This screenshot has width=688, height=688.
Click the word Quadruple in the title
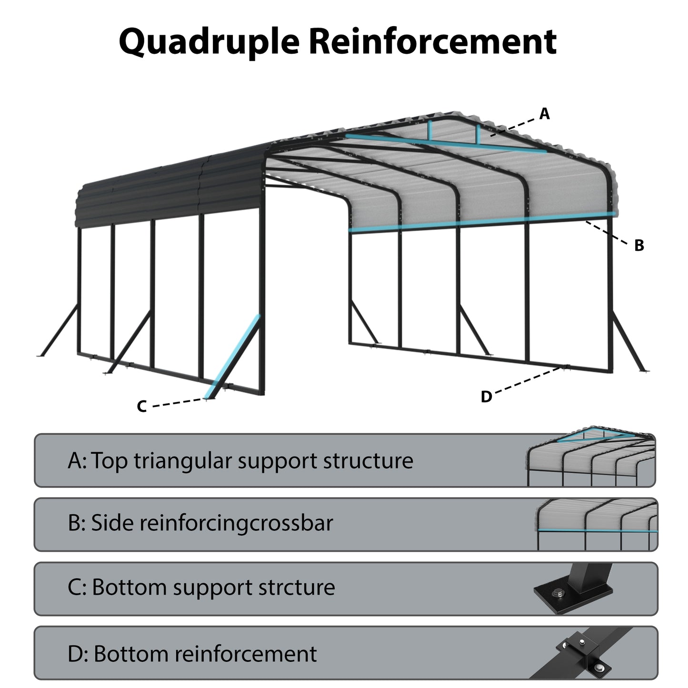(209, 42)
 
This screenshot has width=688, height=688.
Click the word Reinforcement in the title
(432, 42)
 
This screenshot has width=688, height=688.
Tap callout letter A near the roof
(544, 114)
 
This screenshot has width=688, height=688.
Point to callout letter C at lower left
(141, 406)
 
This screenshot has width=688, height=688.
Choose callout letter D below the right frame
(486, 396)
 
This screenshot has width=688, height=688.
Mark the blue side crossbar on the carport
(481, 222)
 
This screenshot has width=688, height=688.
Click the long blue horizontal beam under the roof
(445, 144)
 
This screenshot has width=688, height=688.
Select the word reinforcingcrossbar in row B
(236, 523)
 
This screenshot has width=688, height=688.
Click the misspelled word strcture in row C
(297, 587)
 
